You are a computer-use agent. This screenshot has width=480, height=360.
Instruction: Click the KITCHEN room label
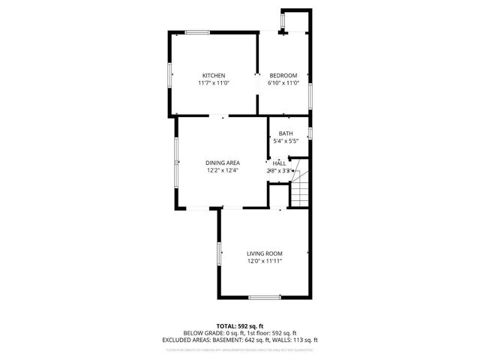point(214,75)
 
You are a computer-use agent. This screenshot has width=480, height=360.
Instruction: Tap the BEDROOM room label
point(283,75)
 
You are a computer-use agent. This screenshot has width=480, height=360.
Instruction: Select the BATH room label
point(286,133)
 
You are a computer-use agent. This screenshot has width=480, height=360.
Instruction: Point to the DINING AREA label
point(223,163)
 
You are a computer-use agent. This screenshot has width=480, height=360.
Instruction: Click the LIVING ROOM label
point(264,253)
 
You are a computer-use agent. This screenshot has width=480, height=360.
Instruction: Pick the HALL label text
point(279,163)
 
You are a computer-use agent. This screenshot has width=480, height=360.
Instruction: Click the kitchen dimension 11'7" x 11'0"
point(214,83)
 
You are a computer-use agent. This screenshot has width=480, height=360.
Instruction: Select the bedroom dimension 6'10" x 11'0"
point(283,83)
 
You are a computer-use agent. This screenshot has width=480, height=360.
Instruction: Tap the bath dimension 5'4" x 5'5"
point(286,141)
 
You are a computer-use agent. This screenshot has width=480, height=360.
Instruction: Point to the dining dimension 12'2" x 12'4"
point(223,171)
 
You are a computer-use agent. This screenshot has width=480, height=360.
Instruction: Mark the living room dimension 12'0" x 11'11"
point(264,262)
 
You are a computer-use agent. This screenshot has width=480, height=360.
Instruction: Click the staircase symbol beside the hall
point(300,190)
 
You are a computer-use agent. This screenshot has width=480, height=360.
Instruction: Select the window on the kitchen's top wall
point(197,31)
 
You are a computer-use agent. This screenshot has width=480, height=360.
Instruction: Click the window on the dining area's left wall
point(176,152)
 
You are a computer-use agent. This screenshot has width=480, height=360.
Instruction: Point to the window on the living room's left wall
point(220,253)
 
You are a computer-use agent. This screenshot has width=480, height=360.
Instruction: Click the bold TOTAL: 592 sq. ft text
point(240,325)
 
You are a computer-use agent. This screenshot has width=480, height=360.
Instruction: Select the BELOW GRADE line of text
point(240,332)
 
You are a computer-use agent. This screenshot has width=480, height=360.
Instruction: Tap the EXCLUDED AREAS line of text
point(240,340)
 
